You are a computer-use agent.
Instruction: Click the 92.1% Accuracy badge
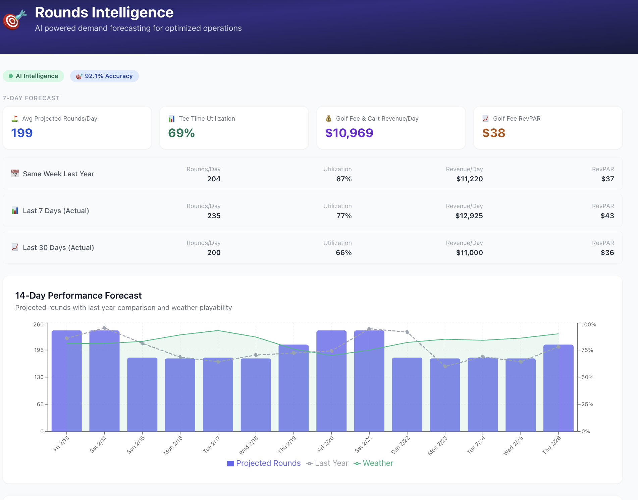click(104, 76)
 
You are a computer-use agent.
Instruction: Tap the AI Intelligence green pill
click(33, 76)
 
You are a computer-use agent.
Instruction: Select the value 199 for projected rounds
click(22, 133)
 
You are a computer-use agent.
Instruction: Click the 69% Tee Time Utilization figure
click(181, 133)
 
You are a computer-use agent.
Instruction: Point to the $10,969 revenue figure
click(349, 133)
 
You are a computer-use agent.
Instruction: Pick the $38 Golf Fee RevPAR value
click(493, 133)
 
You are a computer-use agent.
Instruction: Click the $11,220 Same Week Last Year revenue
click(469, 179)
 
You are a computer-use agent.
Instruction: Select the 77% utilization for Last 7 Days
click(344, 216)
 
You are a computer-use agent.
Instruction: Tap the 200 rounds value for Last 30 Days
click(214, 253)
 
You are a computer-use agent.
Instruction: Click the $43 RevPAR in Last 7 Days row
click(607, 216)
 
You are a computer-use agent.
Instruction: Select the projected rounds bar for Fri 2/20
click(331, 382)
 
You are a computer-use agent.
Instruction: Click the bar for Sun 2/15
click(142, 395)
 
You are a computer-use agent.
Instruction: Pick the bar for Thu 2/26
click(558, 389)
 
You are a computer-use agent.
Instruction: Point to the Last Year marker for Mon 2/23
click(445, 366)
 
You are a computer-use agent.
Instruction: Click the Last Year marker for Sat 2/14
click(104, 328)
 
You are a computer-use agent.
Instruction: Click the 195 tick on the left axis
click(39, 350)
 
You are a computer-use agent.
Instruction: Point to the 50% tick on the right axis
click(587, 377)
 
